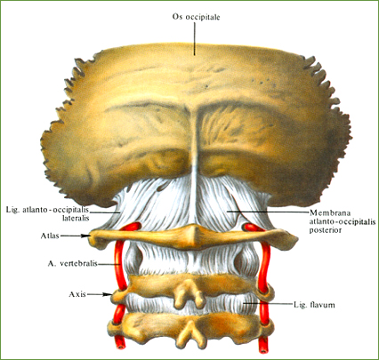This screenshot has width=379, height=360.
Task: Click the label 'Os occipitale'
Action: point(196,17)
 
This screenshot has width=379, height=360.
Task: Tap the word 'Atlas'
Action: point(50,236)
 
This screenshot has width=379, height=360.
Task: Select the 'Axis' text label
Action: point(77,294)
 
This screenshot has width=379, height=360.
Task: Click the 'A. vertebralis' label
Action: point(72,263)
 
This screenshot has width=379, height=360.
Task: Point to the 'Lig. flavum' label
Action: point(314,305)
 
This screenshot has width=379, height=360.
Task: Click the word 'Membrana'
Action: point(326,212)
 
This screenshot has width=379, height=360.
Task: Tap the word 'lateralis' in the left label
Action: point(76,219)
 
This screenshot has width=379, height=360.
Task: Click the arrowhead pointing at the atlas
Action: point(87,236)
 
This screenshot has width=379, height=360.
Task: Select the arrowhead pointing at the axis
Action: point(108,294)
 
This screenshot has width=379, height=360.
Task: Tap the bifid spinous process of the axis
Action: point(189,293)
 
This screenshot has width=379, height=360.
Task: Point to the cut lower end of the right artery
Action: point(263,349)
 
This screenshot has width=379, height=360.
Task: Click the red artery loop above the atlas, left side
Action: point(130,227)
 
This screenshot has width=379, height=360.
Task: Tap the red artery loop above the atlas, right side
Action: point(252,227)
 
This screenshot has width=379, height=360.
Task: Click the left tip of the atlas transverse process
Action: point(90,237)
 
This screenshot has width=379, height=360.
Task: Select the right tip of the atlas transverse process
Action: point(296,239)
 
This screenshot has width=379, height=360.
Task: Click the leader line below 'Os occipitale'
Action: point(195,38)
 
